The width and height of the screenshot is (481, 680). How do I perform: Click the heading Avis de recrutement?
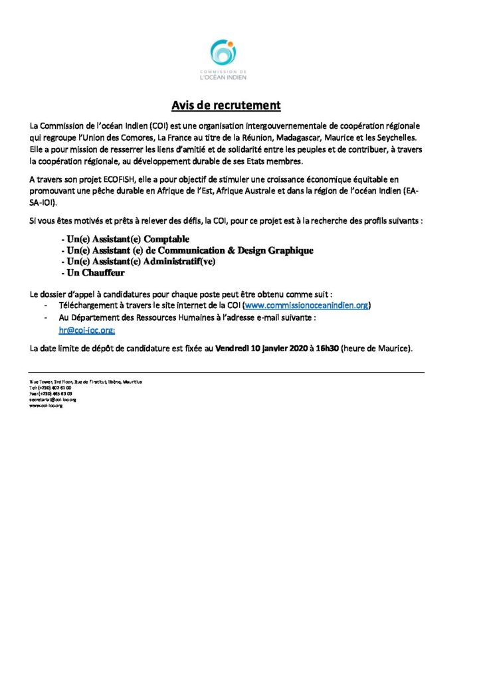226,106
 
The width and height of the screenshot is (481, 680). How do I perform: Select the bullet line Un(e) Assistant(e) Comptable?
124,238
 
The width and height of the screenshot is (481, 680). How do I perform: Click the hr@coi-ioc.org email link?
86,329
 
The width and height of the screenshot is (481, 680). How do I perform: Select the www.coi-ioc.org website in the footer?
45,405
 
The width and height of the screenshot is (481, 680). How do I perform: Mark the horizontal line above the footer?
226,373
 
